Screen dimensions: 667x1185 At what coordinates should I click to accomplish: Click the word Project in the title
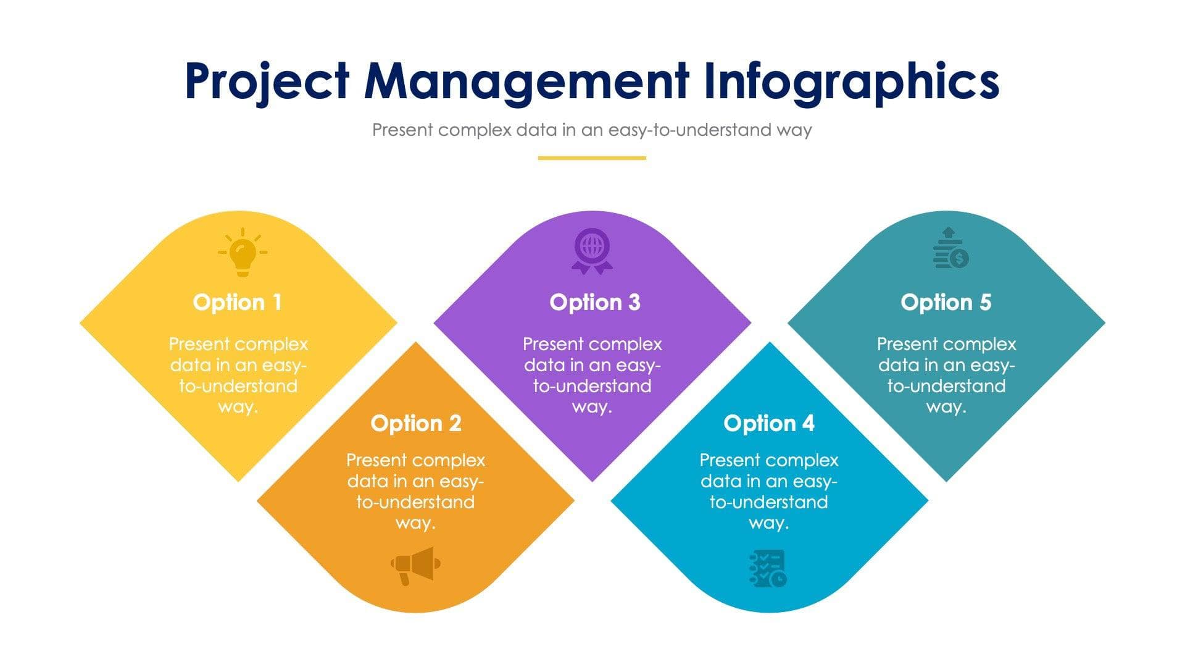coord(267,82)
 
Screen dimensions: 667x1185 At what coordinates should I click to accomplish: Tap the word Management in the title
coord(526,82)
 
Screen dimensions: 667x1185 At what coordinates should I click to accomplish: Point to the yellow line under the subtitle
coord(591,158)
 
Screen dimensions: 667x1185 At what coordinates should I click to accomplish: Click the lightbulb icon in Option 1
coord(242,252)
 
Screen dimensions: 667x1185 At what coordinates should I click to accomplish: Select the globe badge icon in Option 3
coord(592,251)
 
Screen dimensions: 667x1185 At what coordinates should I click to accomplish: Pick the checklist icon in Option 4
coord(768,568)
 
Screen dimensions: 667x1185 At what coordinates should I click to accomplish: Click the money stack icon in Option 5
coord(950,248)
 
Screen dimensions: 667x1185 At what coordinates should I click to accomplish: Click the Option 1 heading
coord(238,303)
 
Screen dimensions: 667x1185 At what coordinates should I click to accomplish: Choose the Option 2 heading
coord(415,424)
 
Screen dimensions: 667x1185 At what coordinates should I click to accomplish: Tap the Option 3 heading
coord(594,303)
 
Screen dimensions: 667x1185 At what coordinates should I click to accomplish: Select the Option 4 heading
coord(768,424)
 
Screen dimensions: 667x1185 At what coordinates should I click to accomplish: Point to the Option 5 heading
coord(946,303)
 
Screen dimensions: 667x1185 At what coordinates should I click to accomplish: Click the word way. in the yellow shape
coord(238,408)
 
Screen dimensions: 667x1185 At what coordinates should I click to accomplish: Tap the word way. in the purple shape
coord(592,408)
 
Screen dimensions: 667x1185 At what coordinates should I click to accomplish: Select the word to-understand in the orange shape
coord(415,502)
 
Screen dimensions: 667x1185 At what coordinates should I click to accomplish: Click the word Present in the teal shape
coord(906,344)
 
